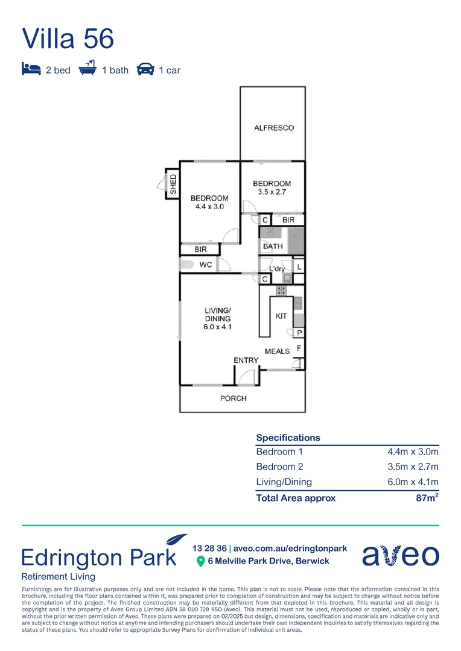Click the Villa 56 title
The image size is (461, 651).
(x=68, y=38)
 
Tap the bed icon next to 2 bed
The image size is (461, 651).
(x=31, y=70)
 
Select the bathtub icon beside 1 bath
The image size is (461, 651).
(x=88, y=69)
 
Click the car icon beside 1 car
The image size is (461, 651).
(x=145, y=70)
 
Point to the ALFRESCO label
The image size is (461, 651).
(x=273, y=128)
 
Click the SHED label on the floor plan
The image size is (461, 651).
(x=173, y=183)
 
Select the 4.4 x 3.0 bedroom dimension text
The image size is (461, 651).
(x=209, y=207)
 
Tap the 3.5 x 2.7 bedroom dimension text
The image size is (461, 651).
(x=272, y=192)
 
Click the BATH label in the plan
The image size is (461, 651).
(x=273, y=247)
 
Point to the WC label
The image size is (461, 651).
(x=205, y=265)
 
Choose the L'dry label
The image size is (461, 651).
(x=276, y=269)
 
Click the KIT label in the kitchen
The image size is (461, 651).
(x=281, y=316)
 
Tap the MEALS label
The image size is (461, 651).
(x=277, y=351)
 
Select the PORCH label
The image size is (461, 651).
(x=233, y=398)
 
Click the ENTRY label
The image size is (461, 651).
(x=246, y=360)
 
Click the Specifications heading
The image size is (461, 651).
(x=288, y=438)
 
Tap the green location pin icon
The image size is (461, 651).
(x=201, y=562)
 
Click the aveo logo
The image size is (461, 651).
(x=400, y=555)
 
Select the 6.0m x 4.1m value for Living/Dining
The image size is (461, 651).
(x=413, y=482)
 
